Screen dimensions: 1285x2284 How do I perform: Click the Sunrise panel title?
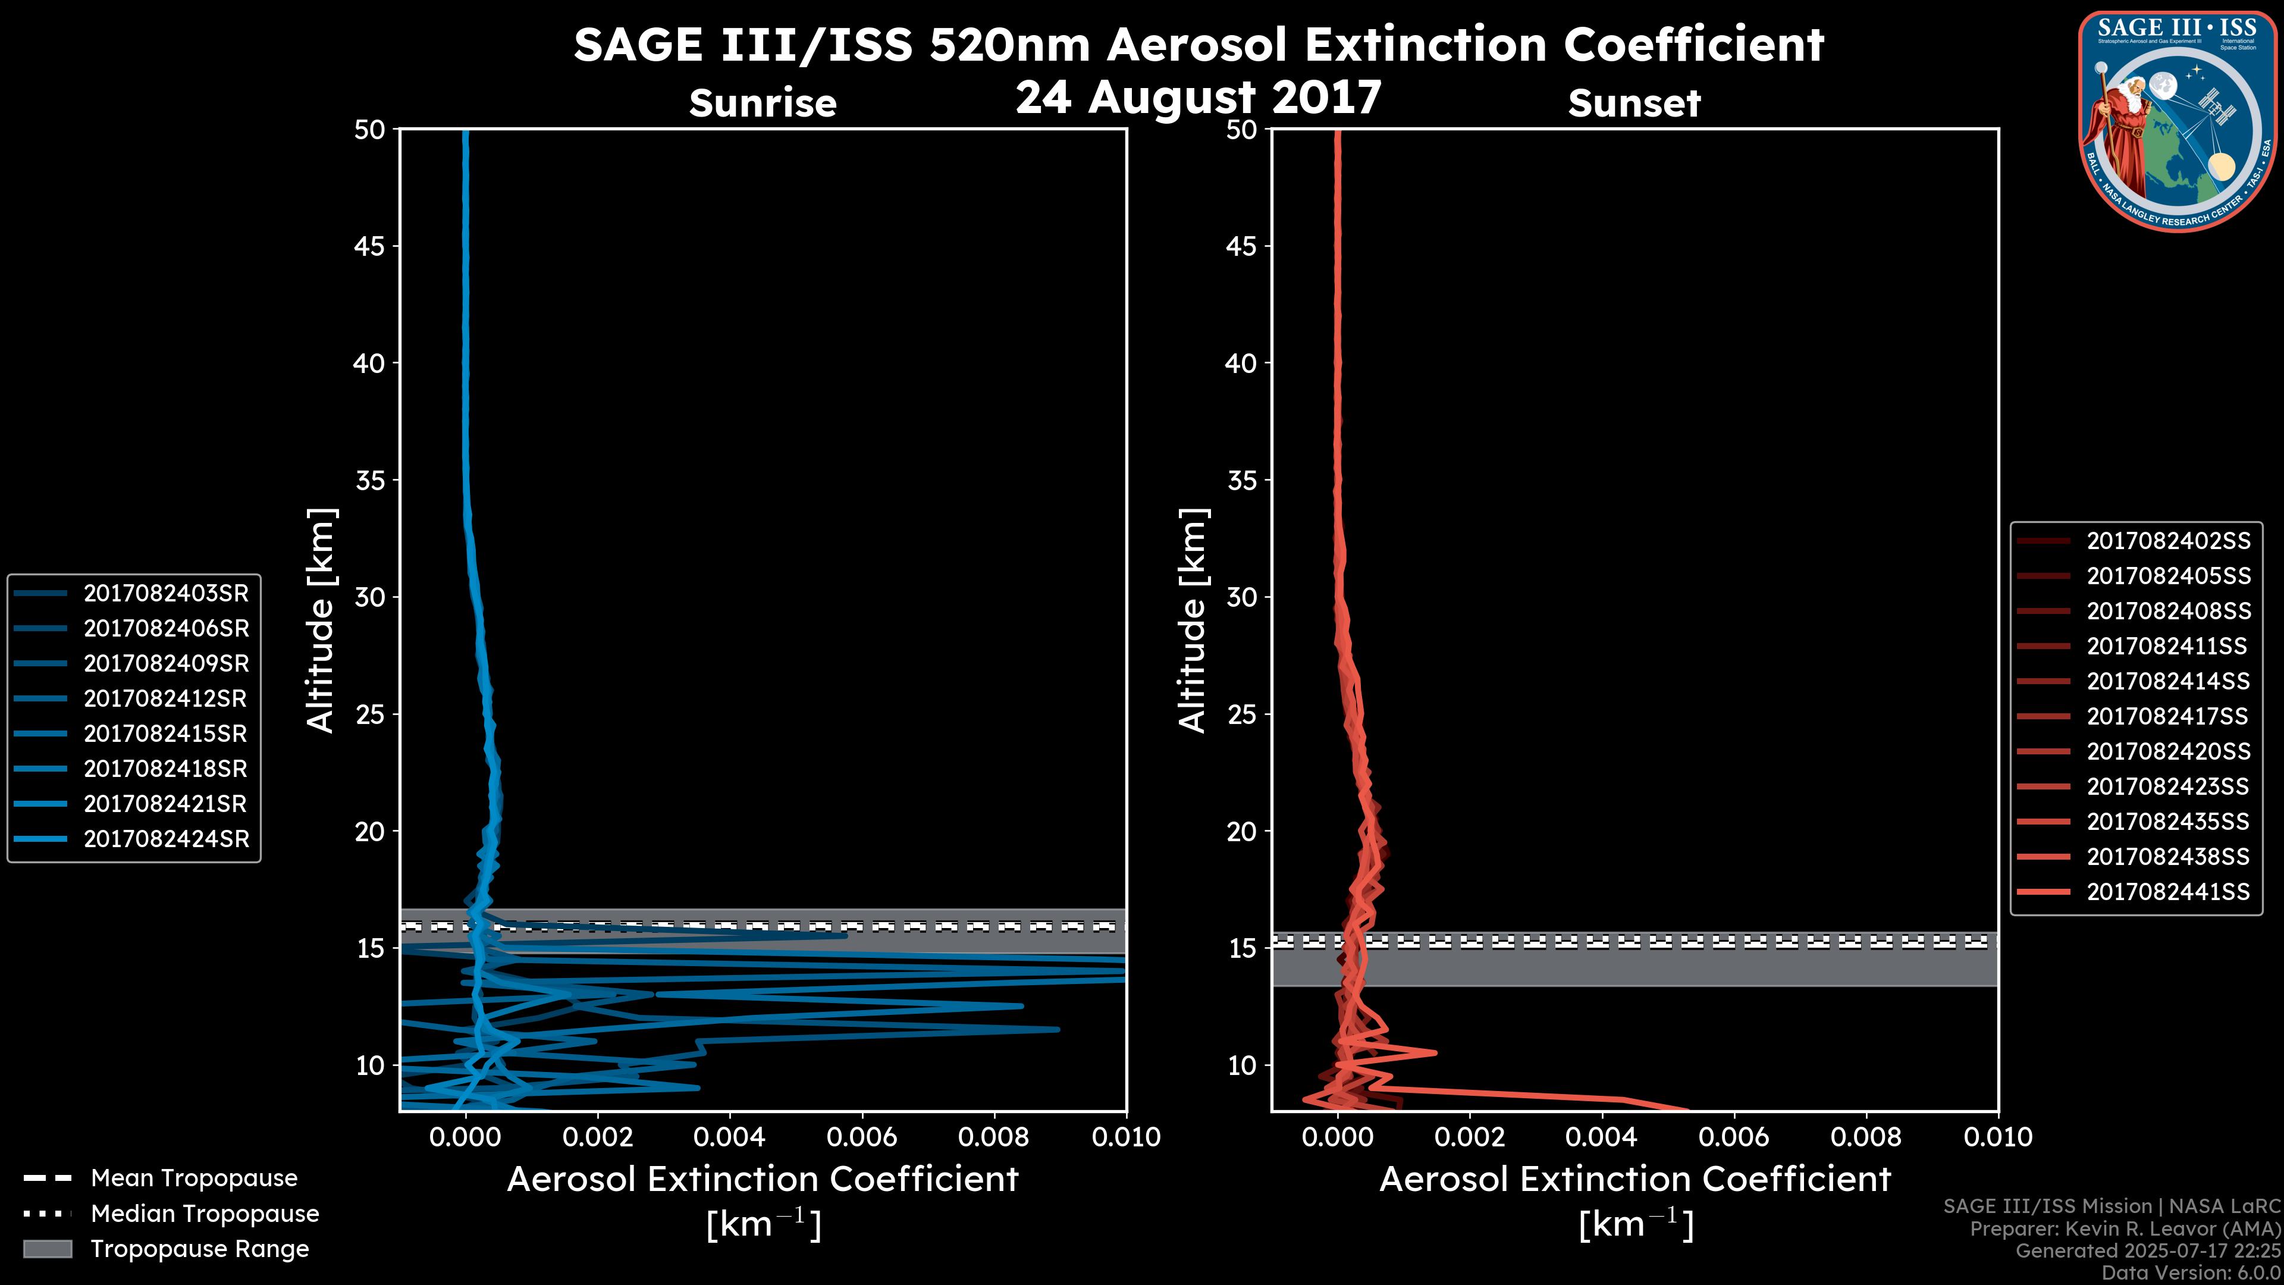pos(763,103)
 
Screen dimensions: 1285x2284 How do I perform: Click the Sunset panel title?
pos(1634,103)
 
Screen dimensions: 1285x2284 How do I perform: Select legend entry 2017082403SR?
pos(166,593)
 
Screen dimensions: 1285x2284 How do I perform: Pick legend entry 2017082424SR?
pos(166,839)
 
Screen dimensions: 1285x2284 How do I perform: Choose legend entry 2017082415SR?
pos(166,734)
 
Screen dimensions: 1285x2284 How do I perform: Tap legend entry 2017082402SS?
pos(2168,541)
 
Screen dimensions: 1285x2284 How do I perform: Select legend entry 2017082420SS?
pos(2168,751)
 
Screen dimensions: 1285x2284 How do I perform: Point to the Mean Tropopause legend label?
pos(194,1178)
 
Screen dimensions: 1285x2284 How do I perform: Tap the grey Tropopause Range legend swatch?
pos(48,1249)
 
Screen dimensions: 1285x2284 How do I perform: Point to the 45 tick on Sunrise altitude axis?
pos(370,246)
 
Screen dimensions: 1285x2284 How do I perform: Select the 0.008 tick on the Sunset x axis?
pos(1866,1137)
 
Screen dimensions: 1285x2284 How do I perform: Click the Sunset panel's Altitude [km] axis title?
pos(1193,620)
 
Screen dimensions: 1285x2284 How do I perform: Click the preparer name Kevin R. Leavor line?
pos(2125,1228)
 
